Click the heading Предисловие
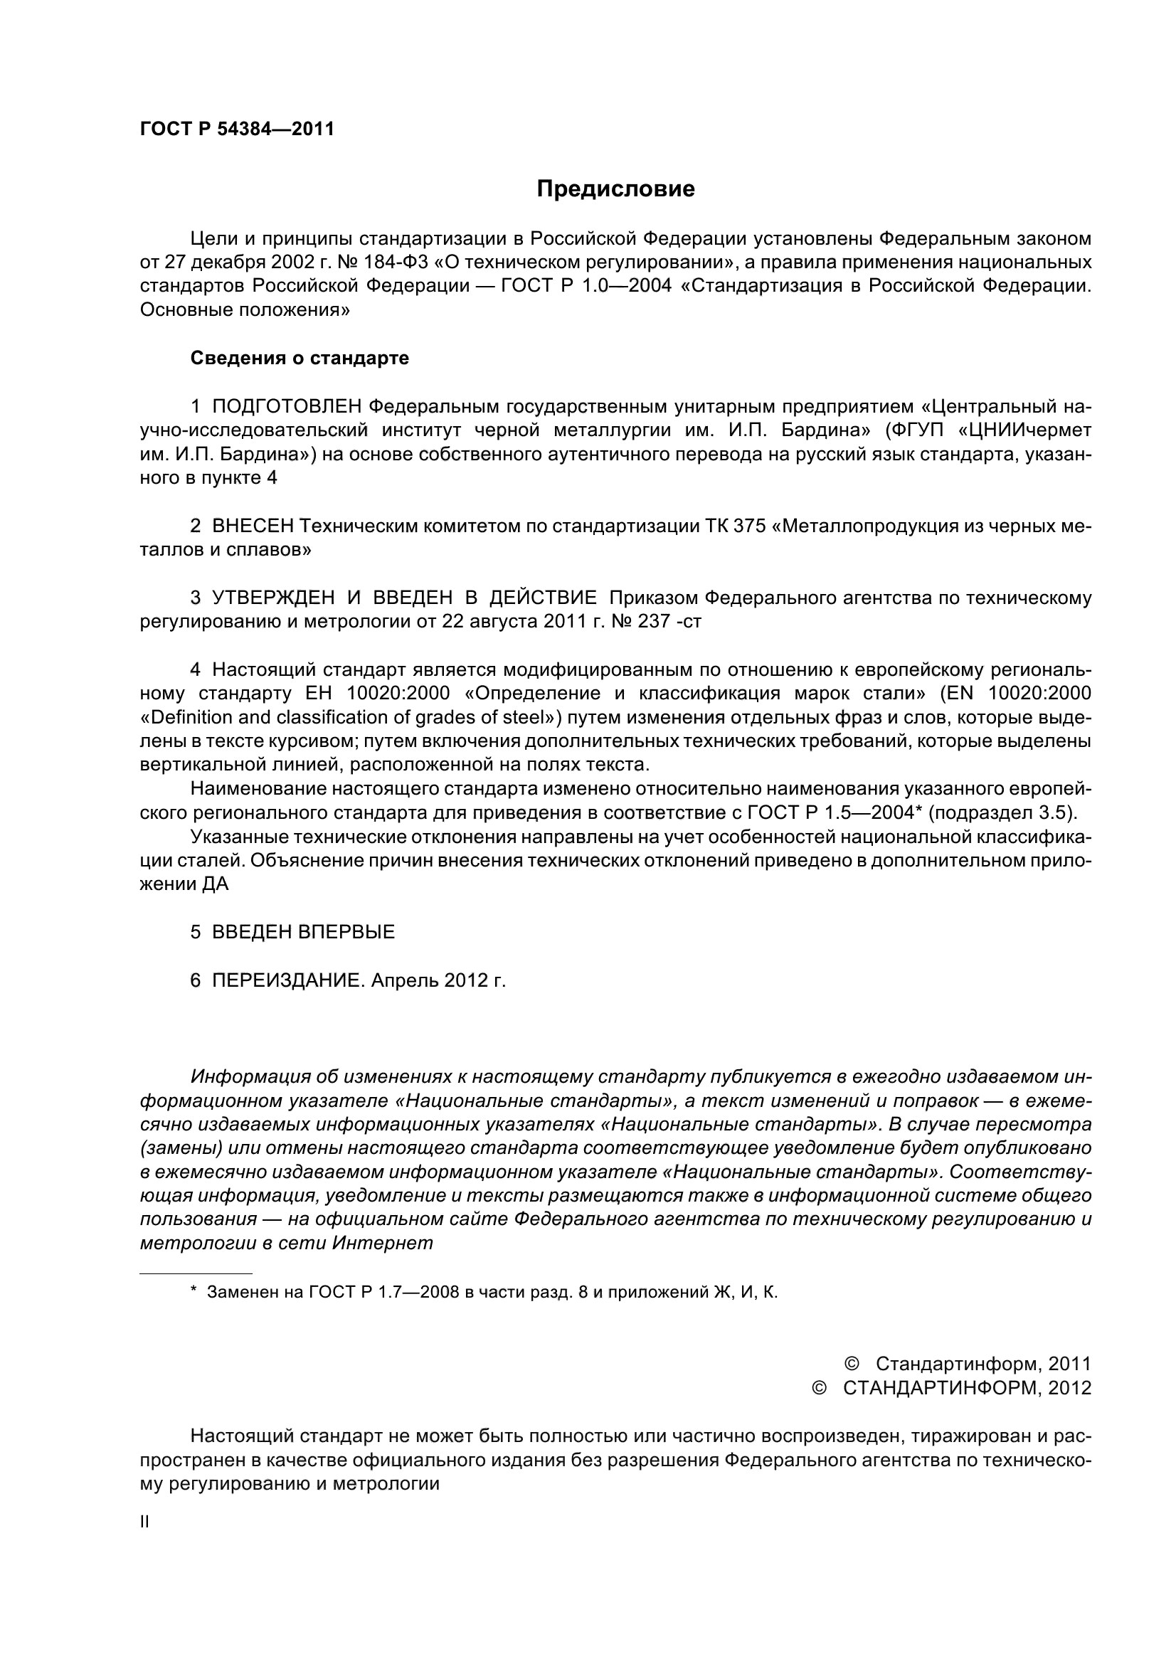tap(615, 189)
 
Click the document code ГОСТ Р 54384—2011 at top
tap(237, 129)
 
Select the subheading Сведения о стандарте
tap(300, 358)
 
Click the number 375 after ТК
tap(749, 526)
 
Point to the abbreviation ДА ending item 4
tap(215, 885)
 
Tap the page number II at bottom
tap(144, 1522)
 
